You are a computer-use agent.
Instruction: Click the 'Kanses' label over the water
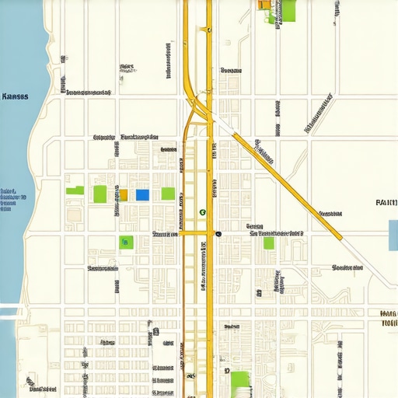coord(16,97)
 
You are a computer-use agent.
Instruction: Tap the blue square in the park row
coord(142,194)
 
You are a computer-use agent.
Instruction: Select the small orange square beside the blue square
coord(123,194)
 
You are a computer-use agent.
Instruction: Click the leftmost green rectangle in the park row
coord(75,190)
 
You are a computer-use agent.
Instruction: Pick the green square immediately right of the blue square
coord(168,194)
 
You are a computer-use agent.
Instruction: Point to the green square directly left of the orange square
coord(100,194)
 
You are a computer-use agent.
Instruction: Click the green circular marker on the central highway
coord(202,211)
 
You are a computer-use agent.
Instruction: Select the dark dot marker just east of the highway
coord(218,233)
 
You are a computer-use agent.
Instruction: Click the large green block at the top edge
coord(289,10)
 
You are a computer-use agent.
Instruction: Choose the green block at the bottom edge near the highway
coord(240,381)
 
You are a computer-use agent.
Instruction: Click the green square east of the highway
coord(269,243)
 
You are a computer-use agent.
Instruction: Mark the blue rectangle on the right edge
coord(393,236)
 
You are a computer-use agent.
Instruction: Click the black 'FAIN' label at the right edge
coord(386,202)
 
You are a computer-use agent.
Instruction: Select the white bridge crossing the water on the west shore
coord(9,313)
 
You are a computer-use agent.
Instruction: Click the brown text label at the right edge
coord(389,318)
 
